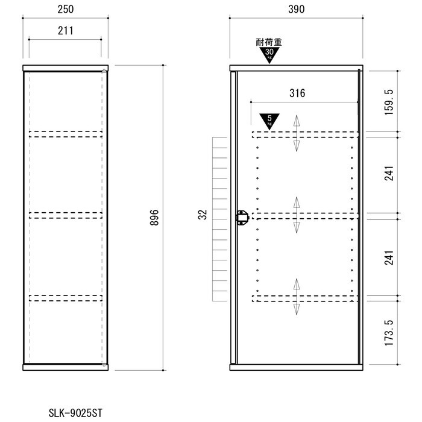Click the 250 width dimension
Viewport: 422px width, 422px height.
(x=65, y=10)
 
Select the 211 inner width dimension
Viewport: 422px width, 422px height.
(x=65, y=31)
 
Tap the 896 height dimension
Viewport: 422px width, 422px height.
(x=154, y=218)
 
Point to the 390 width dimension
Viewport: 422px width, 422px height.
(x=297, y=10)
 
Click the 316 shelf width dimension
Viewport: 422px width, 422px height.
(x=297, y=93)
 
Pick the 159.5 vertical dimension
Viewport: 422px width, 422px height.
(x=389, y=102)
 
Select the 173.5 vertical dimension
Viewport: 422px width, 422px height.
(x=389, y=333)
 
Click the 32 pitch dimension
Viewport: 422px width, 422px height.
(x=203, y=215)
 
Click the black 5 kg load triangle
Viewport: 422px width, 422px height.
(x=269, y=121)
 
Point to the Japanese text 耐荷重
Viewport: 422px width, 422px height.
(x=269, y=42)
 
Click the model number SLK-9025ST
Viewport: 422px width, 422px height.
(x=75, y=413)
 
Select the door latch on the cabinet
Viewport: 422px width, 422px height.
(x=242, y=218)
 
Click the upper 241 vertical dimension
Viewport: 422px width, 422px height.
(x=389, y=174)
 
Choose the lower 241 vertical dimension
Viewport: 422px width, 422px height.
(x=389, y=258)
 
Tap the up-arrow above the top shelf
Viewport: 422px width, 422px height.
(x=297, y=121)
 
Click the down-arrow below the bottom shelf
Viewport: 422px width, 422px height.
(x=297, y=309)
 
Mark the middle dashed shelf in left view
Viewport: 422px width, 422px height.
(x=66, y=215)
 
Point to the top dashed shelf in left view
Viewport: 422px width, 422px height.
(x=66, y=134)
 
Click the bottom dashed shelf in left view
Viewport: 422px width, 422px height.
(x=66, y=298)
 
